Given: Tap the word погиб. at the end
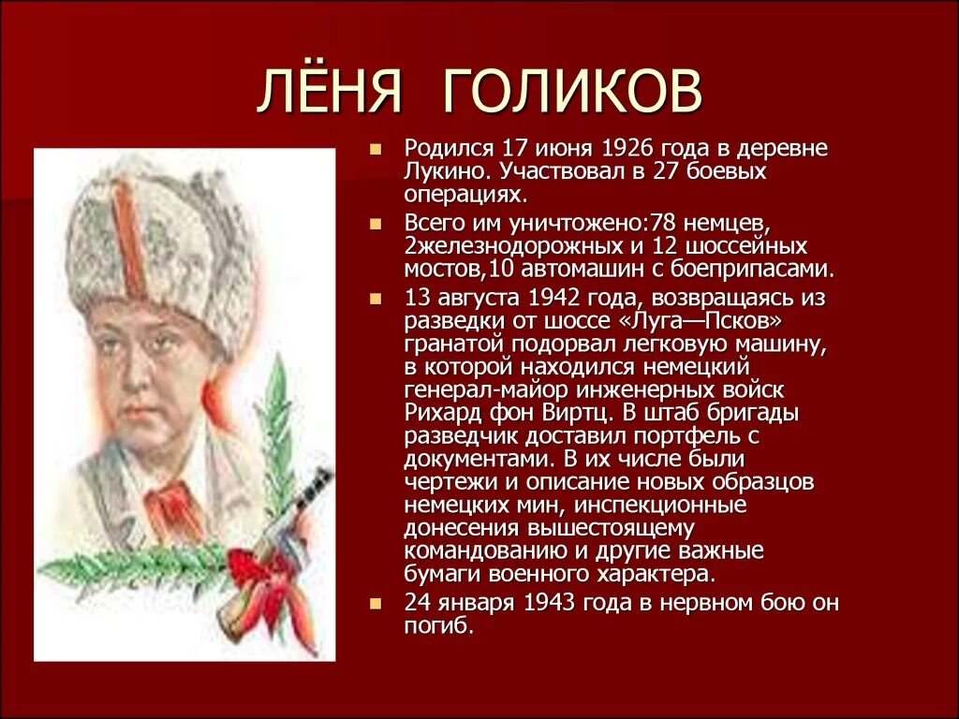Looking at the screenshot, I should tap(438, 627).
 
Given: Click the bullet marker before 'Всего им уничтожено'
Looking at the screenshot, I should tap(376, 225).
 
